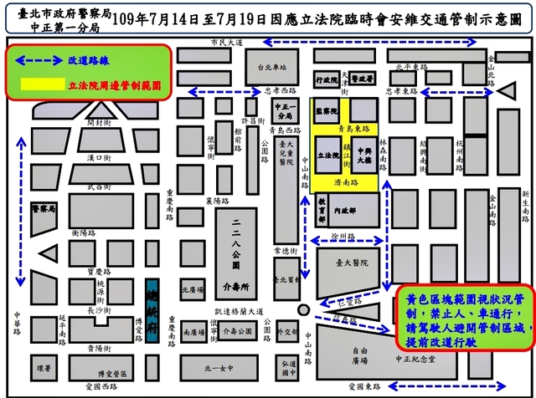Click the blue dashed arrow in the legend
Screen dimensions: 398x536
click(38, 61)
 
